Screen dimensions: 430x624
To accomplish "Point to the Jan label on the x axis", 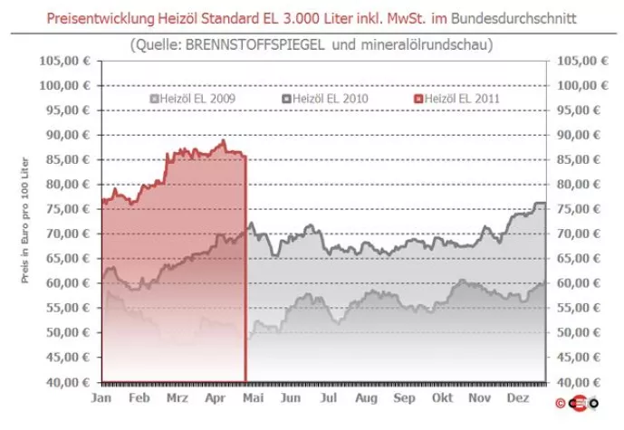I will pos(101,397).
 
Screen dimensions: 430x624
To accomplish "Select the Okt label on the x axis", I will pos(442,397).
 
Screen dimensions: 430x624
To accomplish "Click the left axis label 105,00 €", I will pos(64,61).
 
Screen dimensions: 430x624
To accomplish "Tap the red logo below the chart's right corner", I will pos(578,402).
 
